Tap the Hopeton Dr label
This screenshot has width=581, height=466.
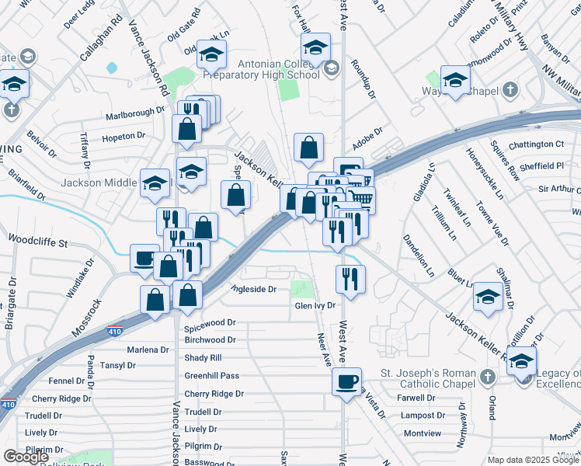[124, 136]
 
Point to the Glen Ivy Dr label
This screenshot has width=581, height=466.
[315, 306]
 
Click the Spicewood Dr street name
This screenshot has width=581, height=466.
[210, 322]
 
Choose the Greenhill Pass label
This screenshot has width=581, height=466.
[212, 375]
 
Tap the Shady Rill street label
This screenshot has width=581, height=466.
[204, 357]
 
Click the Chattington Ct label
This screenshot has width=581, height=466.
[536, 144]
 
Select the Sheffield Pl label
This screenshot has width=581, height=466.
[542, 166]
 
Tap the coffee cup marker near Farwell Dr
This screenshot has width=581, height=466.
[346, 381]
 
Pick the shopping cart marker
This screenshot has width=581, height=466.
[361, 200]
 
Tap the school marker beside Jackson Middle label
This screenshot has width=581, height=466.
[155, 183]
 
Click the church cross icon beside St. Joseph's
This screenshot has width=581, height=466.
[487, 377]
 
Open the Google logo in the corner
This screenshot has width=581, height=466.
[26, 457]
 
